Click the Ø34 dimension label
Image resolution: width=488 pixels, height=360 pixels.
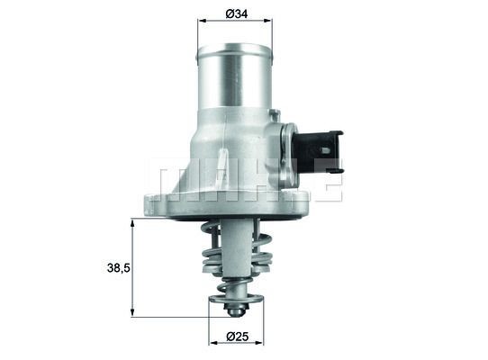point(237,13)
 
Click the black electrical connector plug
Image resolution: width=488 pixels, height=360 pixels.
point(321,150)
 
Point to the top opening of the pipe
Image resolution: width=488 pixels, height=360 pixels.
point(236,48)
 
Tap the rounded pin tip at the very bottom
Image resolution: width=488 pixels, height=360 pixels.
point(235,310)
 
